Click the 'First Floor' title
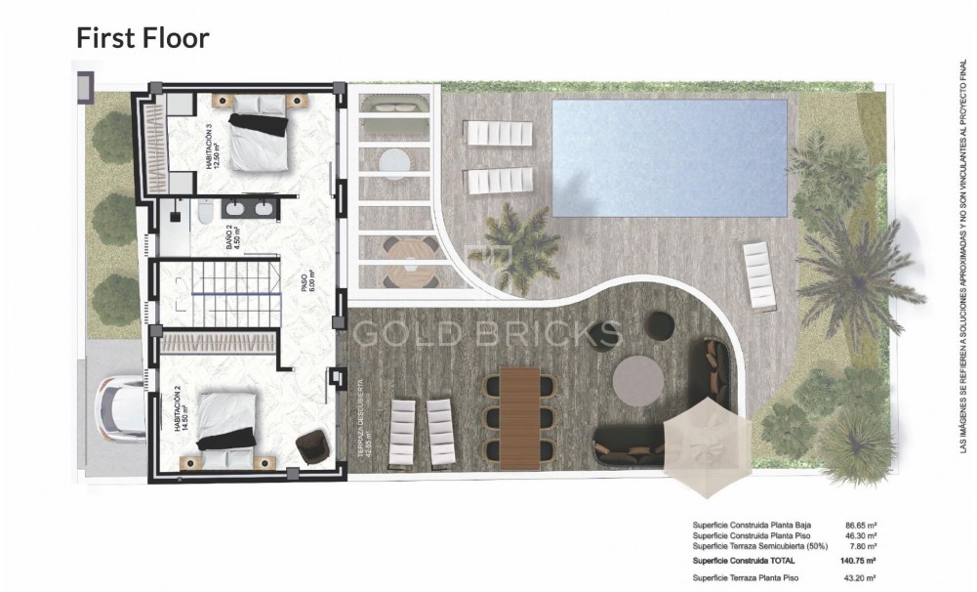(143, 38)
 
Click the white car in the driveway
(120, 410)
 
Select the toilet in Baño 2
(205, 213)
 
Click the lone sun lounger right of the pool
(760, 276)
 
